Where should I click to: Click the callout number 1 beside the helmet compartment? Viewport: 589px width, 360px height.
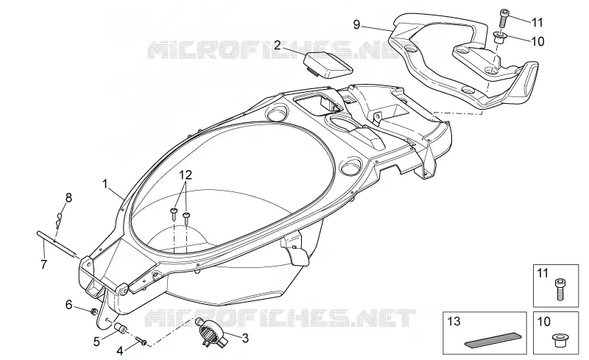tap(105, 184)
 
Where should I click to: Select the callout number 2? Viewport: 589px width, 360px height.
tap(278, 46)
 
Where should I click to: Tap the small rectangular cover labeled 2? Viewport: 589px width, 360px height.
tap(328, 66)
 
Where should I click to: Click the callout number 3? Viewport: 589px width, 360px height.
tap(245, 338)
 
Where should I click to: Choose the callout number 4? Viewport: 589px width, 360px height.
tap(120, 351)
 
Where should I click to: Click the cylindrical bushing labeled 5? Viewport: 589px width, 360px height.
tap(121, 327)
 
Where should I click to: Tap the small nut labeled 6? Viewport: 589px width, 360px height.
tap(94, 311)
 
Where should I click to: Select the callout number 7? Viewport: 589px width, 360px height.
tap(44, 264)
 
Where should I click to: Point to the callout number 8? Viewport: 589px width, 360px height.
tap(68, 197)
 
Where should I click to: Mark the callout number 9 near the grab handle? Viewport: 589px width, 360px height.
tap(356, 25)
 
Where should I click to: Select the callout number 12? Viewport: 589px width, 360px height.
tap(186, 174)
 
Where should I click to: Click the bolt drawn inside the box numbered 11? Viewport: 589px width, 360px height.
tap(560, 289)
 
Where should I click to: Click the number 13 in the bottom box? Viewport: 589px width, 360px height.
tap(454, 322)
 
